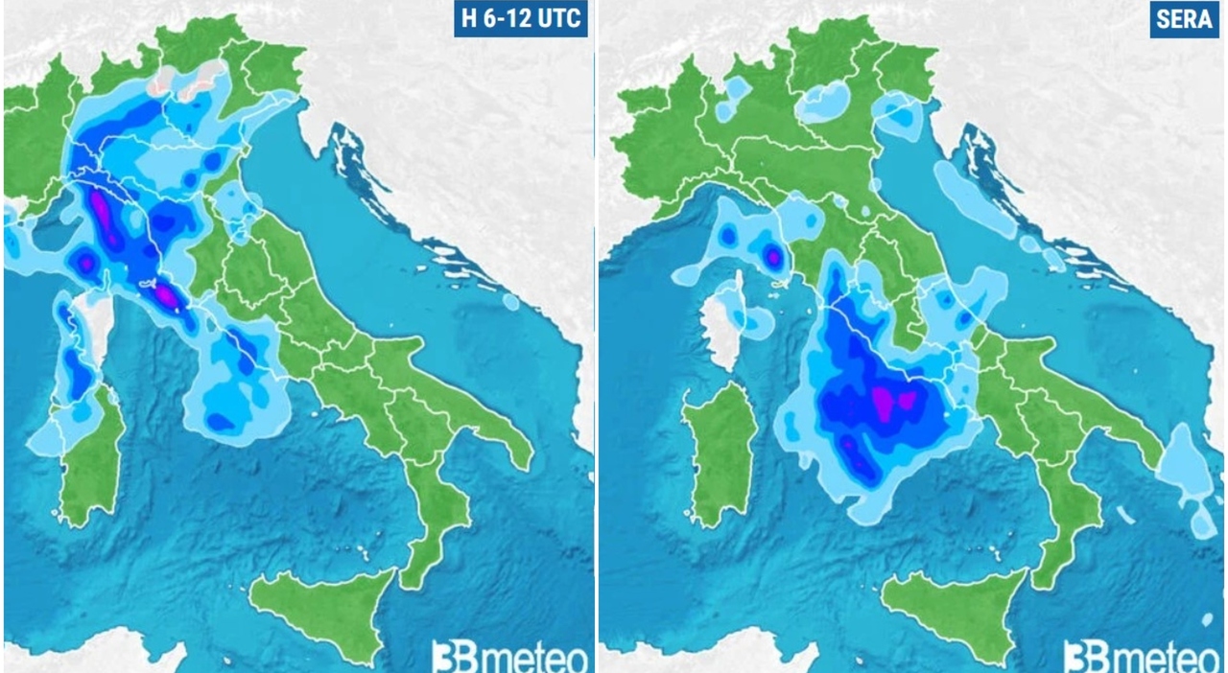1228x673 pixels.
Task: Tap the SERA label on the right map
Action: [1185, 20]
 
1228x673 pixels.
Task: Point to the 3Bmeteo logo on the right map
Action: [1141, 657]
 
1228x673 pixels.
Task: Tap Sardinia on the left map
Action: [91, 460]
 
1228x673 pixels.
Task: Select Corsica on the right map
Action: [724, 321]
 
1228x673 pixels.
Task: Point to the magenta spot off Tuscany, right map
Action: [773, 256]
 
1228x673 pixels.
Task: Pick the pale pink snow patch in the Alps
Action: [197, 81]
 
